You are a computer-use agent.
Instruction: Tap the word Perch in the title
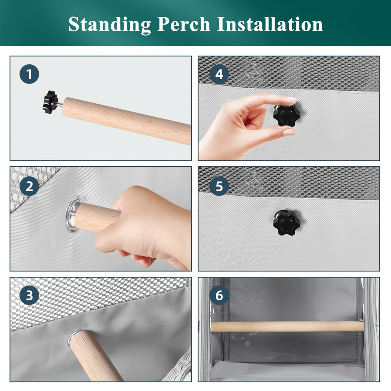184,24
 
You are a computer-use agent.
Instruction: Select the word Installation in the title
270,24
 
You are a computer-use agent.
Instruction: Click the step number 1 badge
30,74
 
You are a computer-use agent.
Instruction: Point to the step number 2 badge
30,186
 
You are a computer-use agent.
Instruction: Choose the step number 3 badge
30,295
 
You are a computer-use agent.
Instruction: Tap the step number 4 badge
219,74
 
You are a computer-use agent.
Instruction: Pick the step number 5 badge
219,186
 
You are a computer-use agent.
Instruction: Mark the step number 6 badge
219,295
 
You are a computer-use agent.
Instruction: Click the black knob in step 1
50,102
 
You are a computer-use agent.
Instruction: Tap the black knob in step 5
286,223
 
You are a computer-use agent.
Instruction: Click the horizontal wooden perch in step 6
287,326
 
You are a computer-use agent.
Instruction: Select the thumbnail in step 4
289,132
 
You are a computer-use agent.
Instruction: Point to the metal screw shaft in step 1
60,104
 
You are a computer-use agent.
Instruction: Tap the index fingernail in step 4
292,99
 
